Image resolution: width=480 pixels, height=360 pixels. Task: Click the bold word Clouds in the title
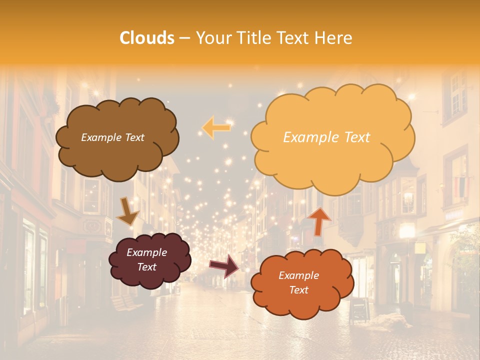(147, 38)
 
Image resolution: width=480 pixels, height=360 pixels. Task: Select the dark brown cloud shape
(116, 150)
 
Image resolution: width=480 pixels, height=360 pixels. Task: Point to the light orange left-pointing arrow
(216, 127)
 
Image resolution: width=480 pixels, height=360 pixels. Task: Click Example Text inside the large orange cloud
(326, 137)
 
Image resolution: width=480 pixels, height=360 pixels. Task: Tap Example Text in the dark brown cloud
(112, 137)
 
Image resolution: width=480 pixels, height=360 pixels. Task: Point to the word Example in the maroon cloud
(147, 253)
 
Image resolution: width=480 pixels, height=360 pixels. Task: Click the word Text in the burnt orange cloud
(299, 290)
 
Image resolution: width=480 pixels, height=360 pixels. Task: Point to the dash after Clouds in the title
(183, 38)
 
